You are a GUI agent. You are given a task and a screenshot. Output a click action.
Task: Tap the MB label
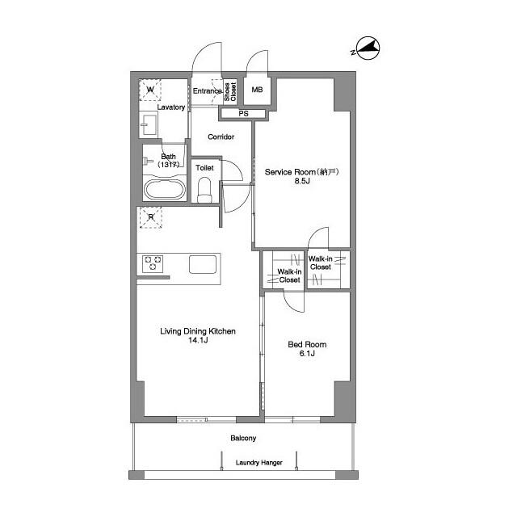(257, 90)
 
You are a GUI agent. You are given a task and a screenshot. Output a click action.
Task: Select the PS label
(243, 113)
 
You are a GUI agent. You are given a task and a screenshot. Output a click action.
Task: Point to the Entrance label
(207, 91)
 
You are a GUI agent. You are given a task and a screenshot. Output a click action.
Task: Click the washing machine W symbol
(151, 90)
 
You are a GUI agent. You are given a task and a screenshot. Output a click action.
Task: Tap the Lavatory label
(171, 107)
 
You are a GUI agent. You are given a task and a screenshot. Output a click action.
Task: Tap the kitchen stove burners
(153, 263)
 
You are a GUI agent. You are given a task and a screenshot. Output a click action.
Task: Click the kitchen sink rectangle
(203, 263)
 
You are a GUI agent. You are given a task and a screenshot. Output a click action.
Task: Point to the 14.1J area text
(198, 340)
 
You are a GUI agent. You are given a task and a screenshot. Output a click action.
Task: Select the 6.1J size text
(307, 354)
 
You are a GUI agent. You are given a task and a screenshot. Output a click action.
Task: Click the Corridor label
(221, 137)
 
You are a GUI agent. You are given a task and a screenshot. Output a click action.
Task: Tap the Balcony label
(243, 439)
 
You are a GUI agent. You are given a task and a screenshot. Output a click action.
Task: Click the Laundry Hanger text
(258, 463)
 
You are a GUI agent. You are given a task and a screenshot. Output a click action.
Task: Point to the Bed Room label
(307, 344)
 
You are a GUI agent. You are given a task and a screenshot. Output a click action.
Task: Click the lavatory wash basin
(149, 125)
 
